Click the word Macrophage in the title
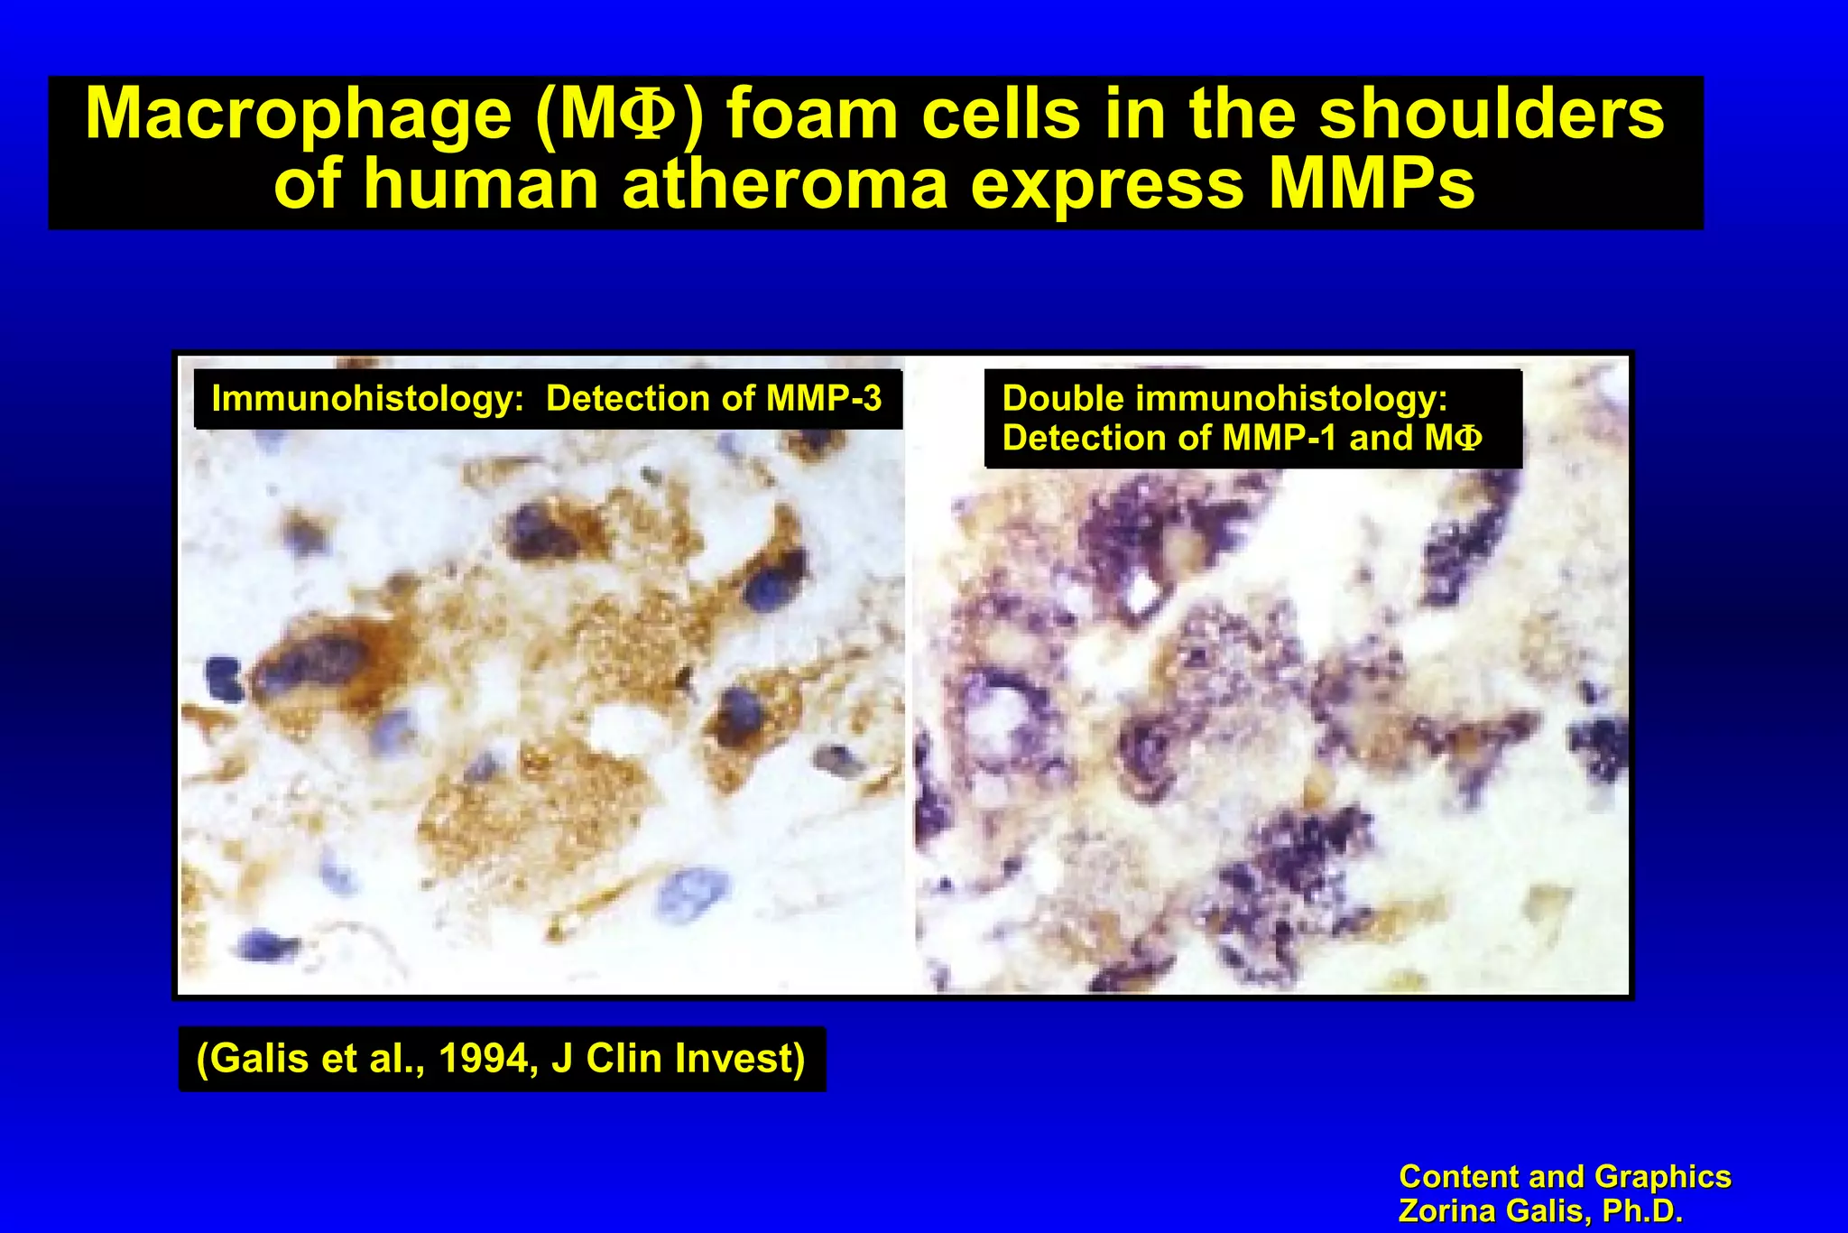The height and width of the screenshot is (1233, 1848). [x=298, y=116]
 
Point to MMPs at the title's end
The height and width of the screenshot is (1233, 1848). [x=1371, y=184]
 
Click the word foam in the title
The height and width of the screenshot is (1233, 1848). [x=811, y=116]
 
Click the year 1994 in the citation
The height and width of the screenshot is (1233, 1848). [x=488, y=1059]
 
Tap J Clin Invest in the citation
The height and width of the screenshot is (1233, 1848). [x=679, y=1059]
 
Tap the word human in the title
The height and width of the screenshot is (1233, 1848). [x=481, y=184]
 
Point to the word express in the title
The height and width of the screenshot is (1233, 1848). [x=1107, y=184]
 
